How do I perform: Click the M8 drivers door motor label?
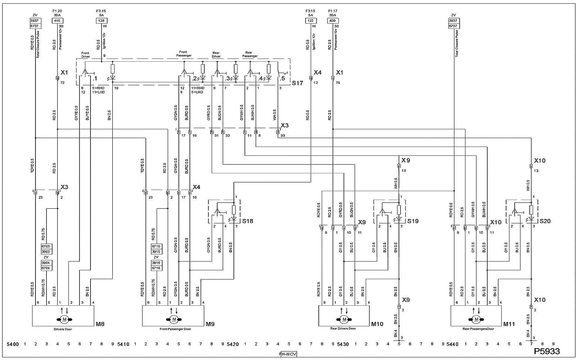[100, 324]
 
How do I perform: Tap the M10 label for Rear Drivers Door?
[377, 324]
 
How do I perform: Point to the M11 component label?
[509, 324]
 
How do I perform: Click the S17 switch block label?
[297, 83]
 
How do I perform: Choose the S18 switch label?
[248, 221]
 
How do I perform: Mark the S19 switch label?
[413, 221]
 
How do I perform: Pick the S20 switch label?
[545, 221]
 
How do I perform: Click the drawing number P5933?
[547, 351]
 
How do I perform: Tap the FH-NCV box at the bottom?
[288, 354]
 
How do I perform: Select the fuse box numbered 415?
[58, 21]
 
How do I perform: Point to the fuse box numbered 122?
[311, 21]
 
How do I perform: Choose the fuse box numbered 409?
[333, 21]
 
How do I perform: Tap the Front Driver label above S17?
[85, 55]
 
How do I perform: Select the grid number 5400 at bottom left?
[13, 344]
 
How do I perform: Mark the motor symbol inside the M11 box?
[476, 319]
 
